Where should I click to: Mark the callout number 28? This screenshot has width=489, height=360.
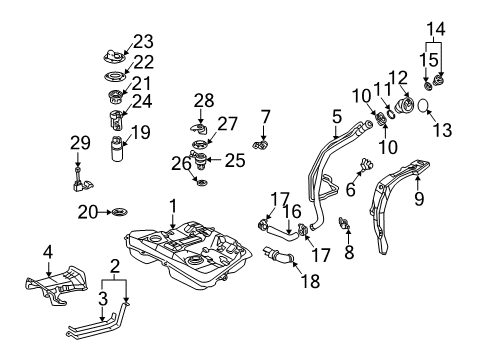click(x=204, y=101)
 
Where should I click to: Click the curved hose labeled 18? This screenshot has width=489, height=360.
click(x=279, y=261)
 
